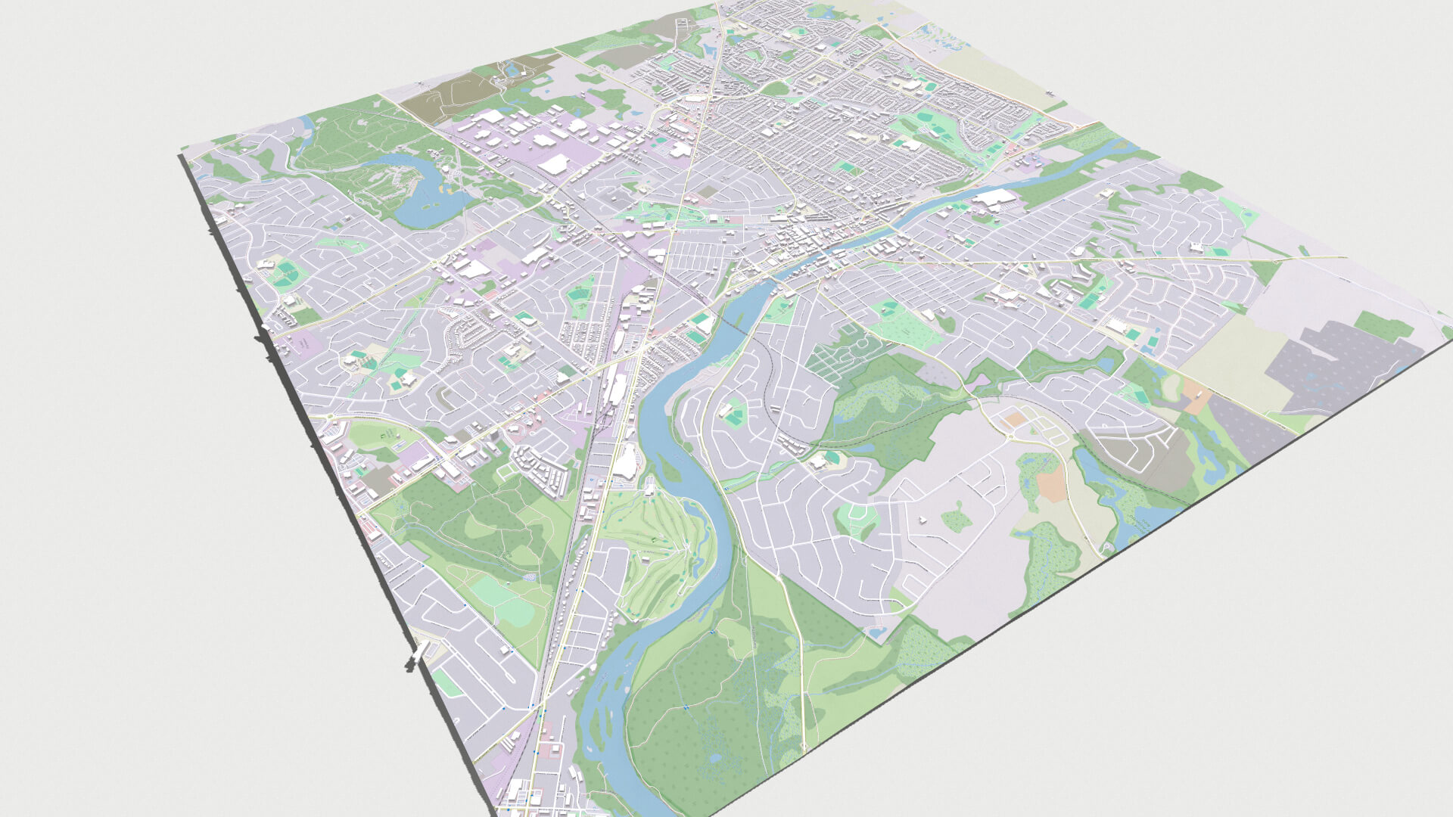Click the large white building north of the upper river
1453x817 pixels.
pos(996,198)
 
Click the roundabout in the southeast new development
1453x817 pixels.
pos(1010,436)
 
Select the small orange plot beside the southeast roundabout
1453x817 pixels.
pos(1014,418)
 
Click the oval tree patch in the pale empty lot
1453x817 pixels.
pos(956,519)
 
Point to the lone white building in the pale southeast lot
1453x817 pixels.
pos(923,519)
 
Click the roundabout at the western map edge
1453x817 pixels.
pos(331,417)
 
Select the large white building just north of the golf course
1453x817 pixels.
pos(627,461)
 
